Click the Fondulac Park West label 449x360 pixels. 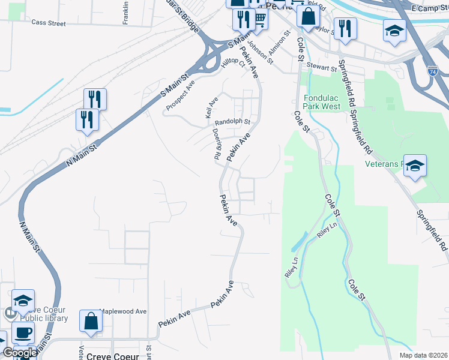(322, 102)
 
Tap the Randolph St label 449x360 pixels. (232, 122)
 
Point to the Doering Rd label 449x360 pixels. (216, 144)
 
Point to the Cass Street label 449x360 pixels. (48, 23)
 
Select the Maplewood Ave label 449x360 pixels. (122, 311)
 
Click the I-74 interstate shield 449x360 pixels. (433, 71)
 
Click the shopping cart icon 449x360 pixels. (260, 19)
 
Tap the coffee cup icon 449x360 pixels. (23, 333)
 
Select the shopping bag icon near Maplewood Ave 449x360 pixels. (91, 322)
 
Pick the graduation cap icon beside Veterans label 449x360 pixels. (415, 165)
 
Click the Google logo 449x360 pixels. (19, 353)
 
